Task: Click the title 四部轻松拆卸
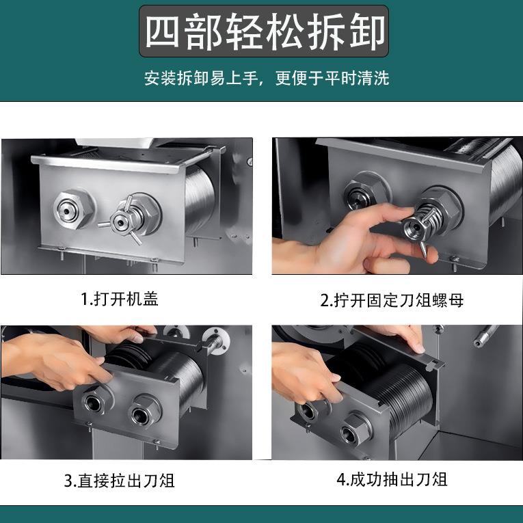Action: tap(265, 31)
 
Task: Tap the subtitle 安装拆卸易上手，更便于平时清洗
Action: tap(266, 78)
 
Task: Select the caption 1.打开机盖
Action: tap(120, 299)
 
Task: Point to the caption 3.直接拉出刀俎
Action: tap(120, 480)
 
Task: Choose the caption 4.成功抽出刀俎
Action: tap(392, 479)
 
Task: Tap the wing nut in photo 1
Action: tap(122, 219)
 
